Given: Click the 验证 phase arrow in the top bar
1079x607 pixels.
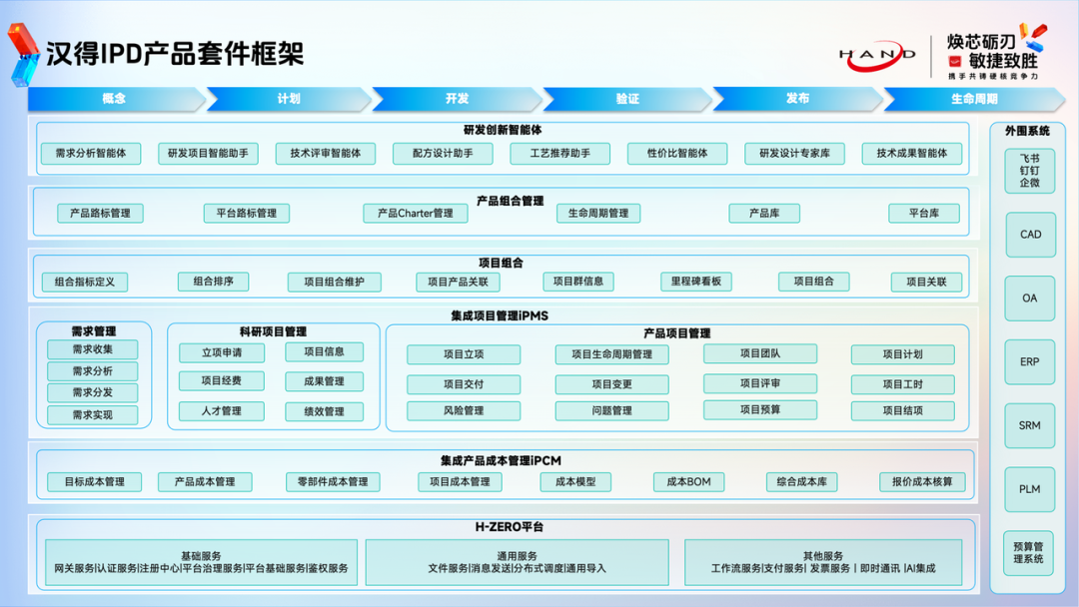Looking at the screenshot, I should tap(627, 99).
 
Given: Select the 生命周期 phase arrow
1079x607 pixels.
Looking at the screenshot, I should tap(974, 99).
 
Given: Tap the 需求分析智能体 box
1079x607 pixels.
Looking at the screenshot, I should tap(91, 153).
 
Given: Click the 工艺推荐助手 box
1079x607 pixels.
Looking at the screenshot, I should tap(560, 153).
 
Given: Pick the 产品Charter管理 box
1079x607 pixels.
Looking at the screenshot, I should tap(416, 213).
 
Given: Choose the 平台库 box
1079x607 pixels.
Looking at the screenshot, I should tap(924, 213).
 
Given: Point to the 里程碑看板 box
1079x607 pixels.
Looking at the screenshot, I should tap(696, 282).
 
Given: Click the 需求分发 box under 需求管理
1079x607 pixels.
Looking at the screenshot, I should tap(93, 392).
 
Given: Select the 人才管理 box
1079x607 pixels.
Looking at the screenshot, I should tap(222, 410).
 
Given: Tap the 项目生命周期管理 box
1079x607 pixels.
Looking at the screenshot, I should tap(612, 354).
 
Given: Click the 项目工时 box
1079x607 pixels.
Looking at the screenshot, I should tap(903, 384).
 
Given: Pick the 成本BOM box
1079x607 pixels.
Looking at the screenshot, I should tap(689, 481).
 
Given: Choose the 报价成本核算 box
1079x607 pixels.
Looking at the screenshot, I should tap(922, 481).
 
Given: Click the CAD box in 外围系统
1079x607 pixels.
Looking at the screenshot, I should tap(1030, 235).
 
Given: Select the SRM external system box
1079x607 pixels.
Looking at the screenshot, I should tap(1030, 425).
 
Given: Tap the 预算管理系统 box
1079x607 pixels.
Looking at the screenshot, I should tap(1029, 552).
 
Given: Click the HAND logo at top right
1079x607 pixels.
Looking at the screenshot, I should tap(876, 55).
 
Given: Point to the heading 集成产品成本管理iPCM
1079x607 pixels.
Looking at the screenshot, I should tap(501, 460).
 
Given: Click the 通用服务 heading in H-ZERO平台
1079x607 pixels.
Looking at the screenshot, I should tap(517, 555).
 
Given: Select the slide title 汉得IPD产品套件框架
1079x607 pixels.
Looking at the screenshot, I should tap(175, 53).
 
